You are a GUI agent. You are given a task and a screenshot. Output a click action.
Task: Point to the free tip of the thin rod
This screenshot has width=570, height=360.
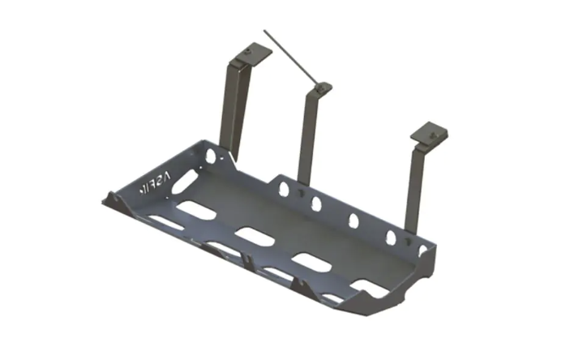click(264, 33)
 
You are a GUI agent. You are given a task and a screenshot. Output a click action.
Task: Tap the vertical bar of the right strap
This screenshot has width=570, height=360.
click(414, 186)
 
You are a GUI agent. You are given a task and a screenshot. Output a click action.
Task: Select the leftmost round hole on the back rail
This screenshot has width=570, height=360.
click(284, 190)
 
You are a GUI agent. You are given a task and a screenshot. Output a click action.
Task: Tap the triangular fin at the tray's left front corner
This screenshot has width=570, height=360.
click(111, 197)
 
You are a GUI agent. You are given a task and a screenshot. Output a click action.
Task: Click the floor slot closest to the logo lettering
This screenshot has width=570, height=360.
click(194, 209)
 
